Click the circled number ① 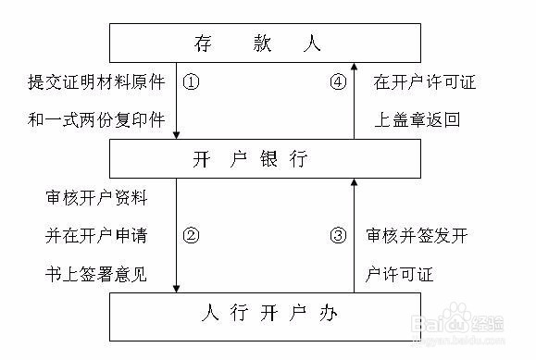click(x=192, y=81)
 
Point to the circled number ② click(x=192, y=234)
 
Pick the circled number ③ click(x=338, y=234)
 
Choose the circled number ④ click(x=338, y=81)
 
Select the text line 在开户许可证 click(x=425, y=81)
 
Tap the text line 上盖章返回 click(x=417, y=119)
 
